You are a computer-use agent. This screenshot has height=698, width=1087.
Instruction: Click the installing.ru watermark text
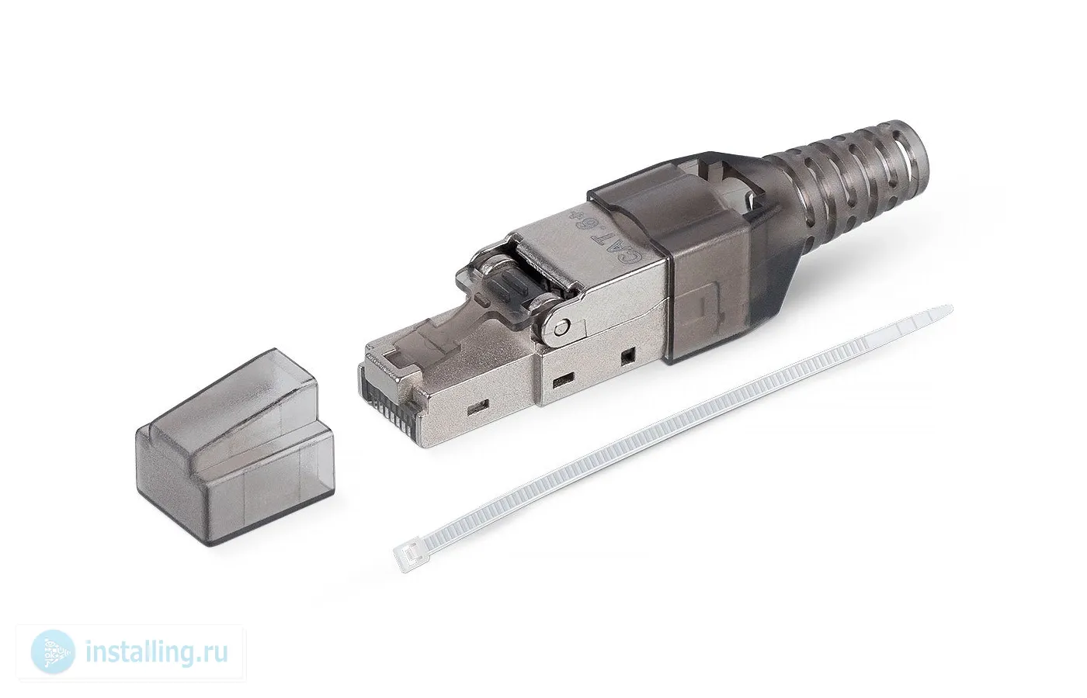[156, 652]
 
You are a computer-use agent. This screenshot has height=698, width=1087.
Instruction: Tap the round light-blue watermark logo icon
[54, 651]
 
